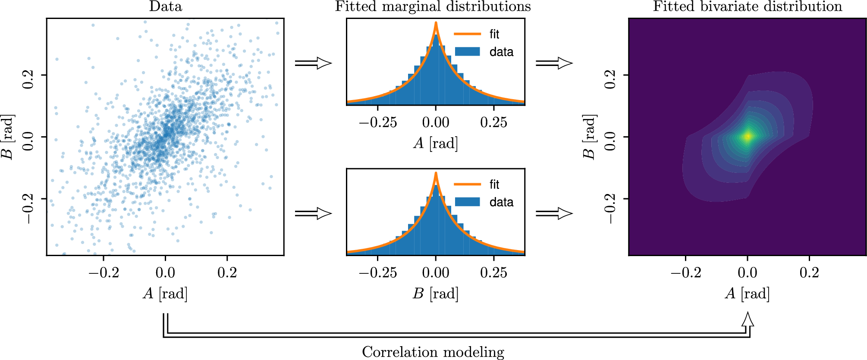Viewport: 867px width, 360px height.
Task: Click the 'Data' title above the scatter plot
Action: (166, 6)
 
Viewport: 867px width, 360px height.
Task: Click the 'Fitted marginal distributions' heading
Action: (433, 6)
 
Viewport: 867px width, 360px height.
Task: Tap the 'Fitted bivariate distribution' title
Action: (747, 6)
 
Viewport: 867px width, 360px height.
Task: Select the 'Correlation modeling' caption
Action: (433, 352)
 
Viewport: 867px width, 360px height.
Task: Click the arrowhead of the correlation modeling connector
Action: (748, 320)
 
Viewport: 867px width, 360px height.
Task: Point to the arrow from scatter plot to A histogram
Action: (314, 63)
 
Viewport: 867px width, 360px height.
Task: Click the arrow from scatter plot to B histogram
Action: (314, 213)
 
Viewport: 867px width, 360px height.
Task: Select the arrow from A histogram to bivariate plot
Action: (554, 63)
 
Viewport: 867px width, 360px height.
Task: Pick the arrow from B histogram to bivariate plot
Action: (554, 213)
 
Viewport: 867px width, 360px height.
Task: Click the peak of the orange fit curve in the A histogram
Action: (436, 23)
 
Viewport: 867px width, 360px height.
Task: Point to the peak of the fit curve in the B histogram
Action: (436, 174)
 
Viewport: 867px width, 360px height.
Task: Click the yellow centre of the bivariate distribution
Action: (748, 137)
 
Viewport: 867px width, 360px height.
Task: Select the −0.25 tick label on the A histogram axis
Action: (377, 122)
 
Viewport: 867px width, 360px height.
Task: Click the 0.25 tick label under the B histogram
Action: (494, 272)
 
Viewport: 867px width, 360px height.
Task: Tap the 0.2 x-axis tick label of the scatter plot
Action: (227, 272)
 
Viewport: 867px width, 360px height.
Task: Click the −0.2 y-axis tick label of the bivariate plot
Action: (609, 209)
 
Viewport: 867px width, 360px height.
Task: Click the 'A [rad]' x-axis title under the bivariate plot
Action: (747, 294)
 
